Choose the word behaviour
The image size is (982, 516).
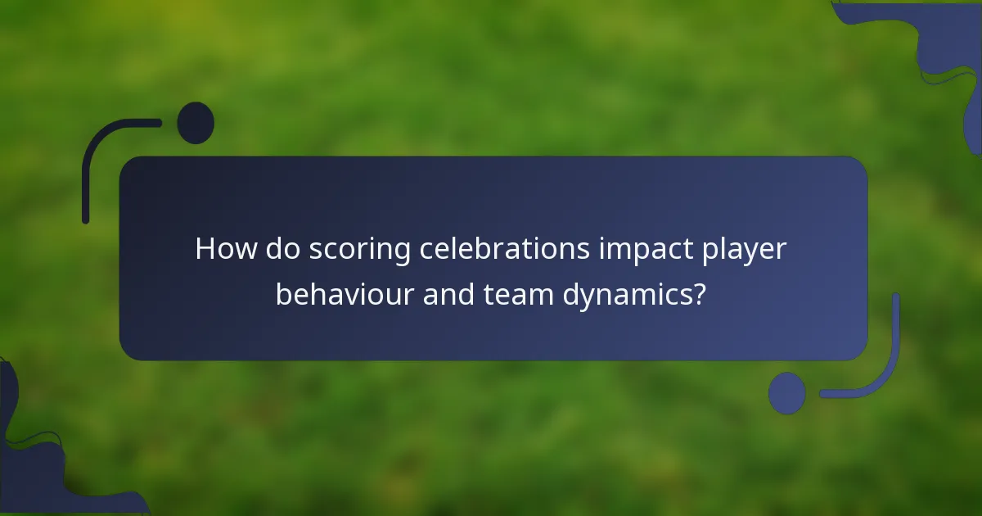click(345, 294)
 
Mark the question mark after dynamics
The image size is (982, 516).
click(698, 294)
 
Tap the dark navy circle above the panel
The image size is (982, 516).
click(196, 123)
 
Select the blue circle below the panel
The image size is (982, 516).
click(786, 393)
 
